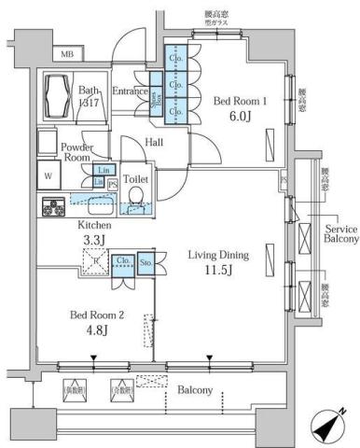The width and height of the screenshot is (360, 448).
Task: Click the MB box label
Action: (x=66, y=55)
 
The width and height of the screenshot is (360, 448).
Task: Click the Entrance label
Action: (x=131, y=91)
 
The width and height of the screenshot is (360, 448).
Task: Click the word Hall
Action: (x=155, y=142)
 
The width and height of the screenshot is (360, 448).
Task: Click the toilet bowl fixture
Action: (x=136, y=195)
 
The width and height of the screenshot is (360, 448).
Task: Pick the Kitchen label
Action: (x=95, y=226)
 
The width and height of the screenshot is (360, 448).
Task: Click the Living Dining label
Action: (x=220, y=254)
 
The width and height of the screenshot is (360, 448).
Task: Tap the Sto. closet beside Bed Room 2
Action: (x=145, y=264)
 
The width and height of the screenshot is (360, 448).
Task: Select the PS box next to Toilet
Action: (x=114, y=184)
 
